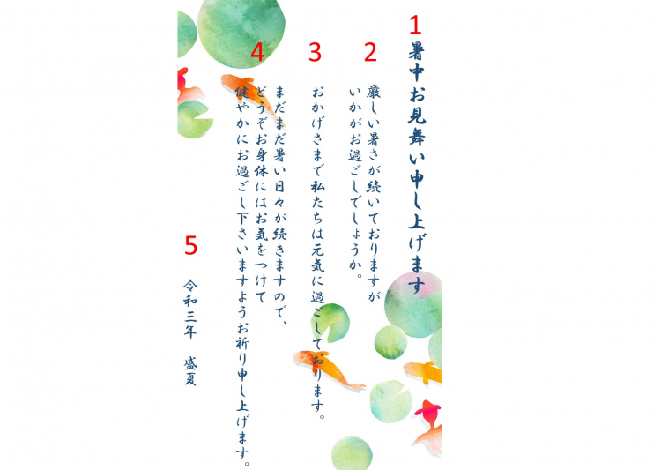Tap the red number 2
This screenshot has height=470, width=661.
pyautogui.click(x=370, y=52)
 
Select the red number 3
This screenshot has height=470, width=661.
pyautogui.click(x=315, y=52)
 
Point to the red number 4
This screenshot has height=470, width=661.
pyautogui.click(x=257, y=52)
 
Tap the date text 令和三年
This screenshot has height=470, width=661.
pyautogui.click(x=190, y=309)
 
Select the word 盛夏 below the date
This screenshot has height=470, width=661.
pyautogui.click(x=190, y=372)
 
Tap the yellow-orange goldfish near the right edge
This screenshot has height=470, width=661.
pyautogui.click(x=422, y=371)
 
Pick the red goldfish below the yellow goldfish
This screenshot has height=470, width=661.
pyautogui.click(x=430, y=415)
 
